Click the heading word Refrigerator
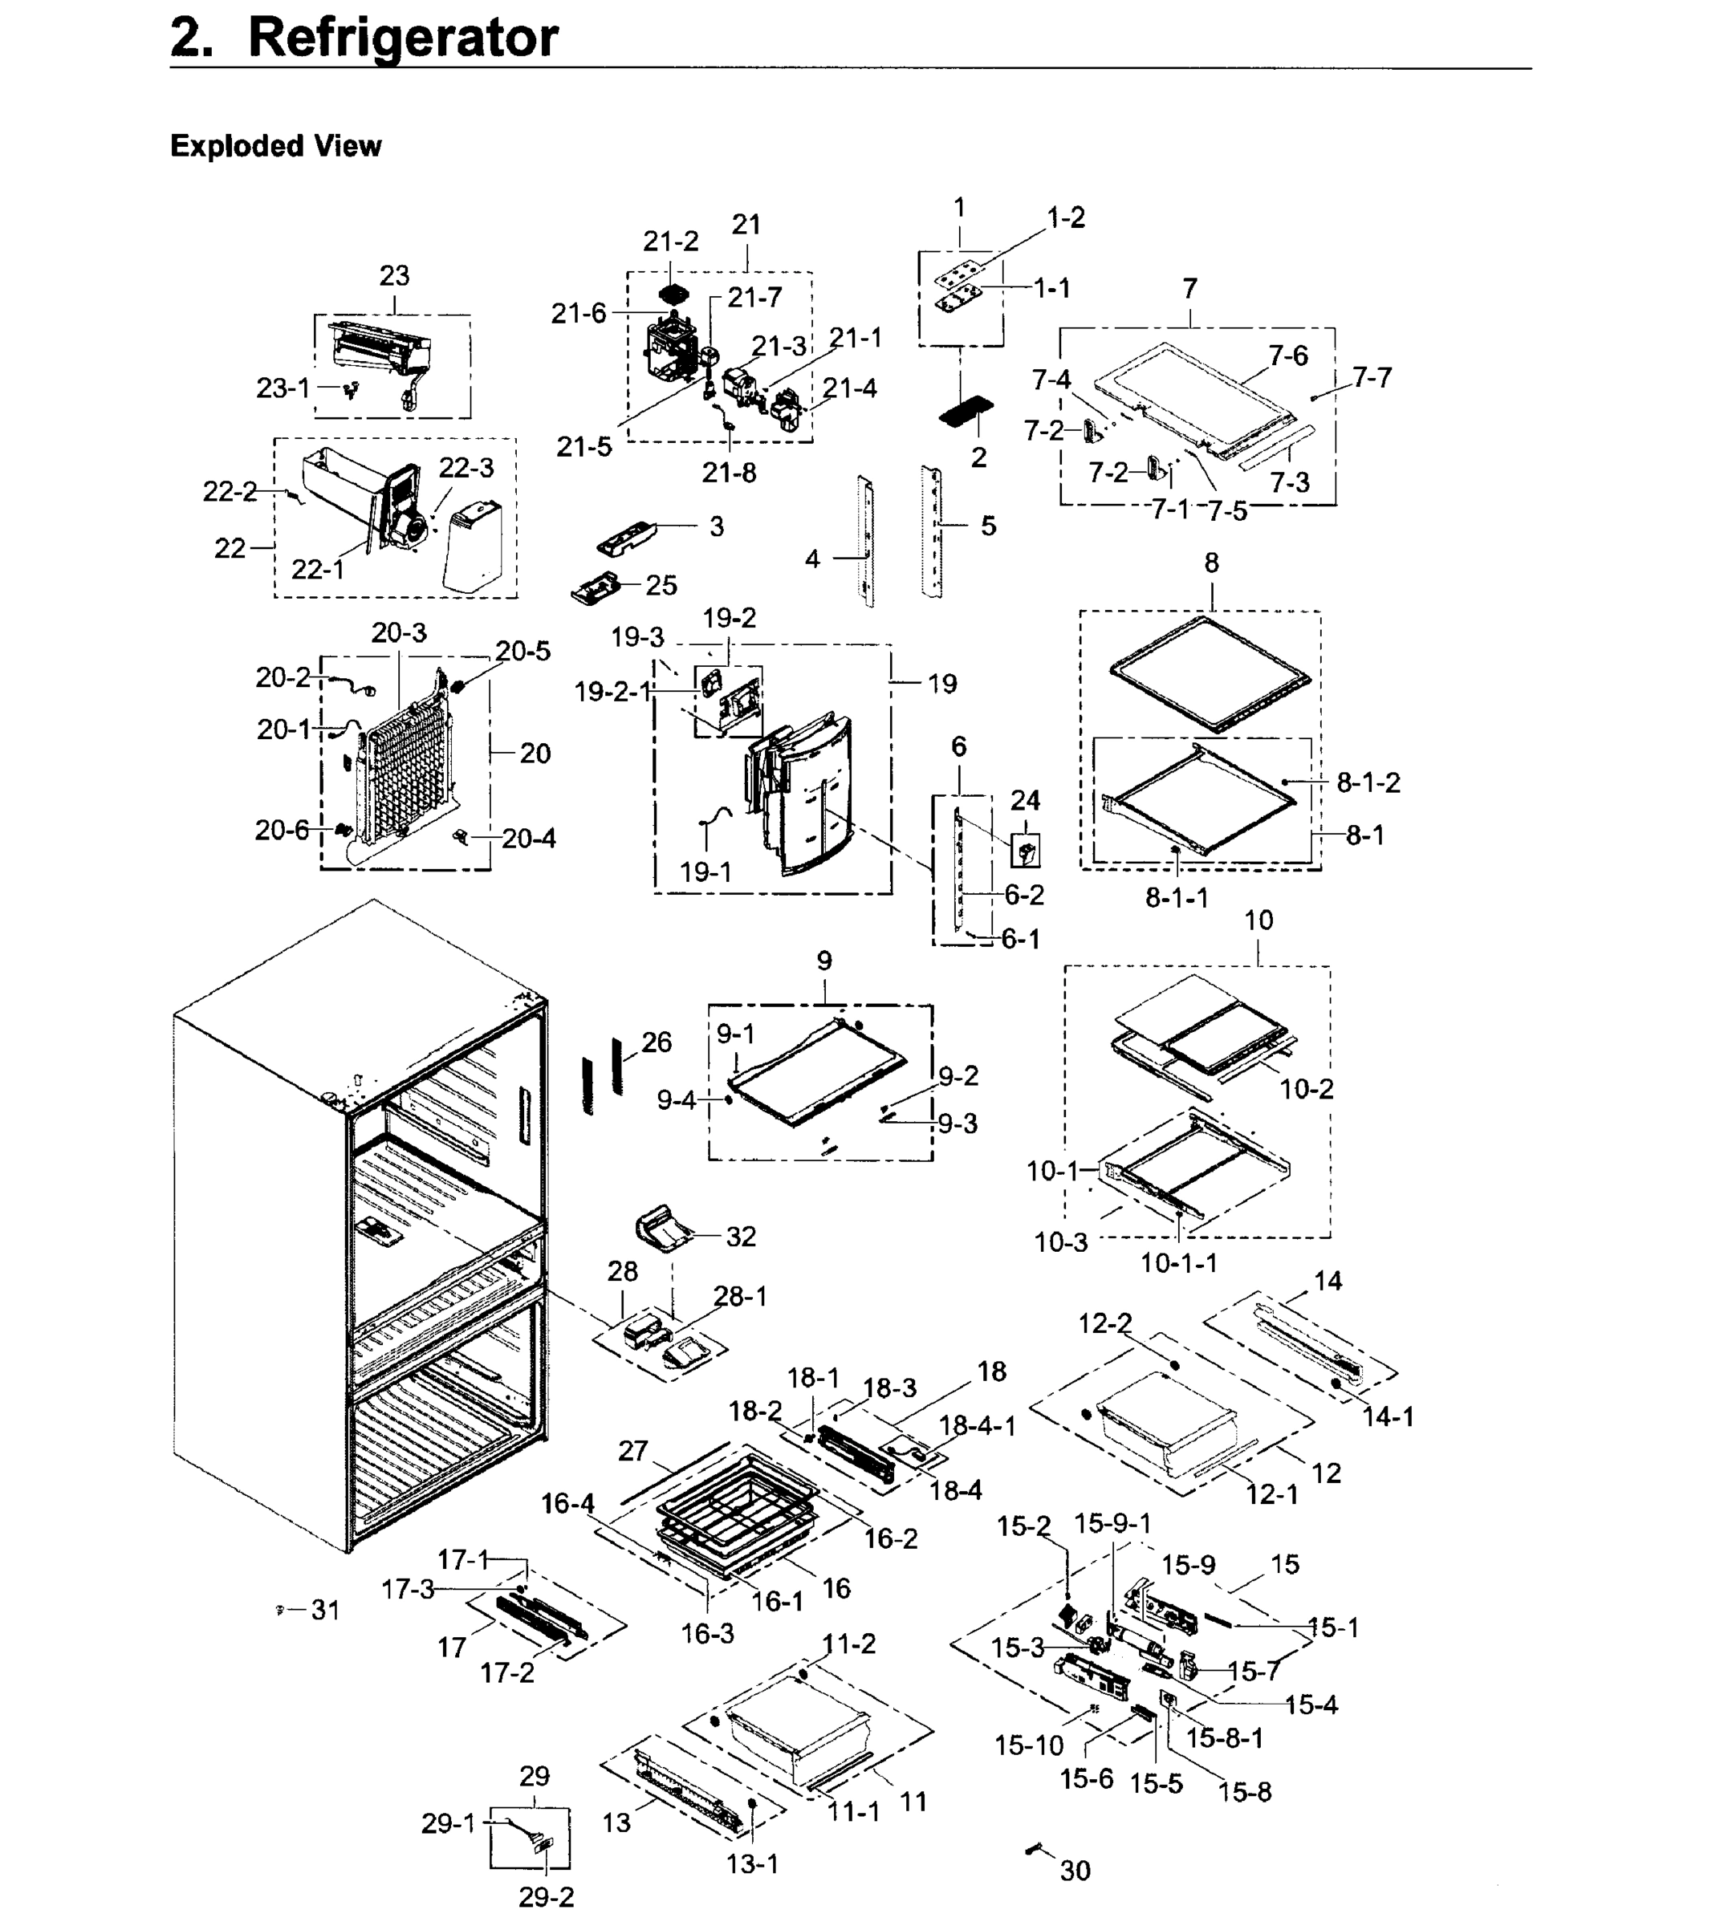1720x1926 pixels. pos(403,39)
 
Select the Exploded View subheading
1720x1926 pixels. pos(275,147)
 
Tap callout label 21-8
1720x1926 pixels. pos(729,473)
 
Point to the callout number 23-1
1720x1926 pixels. pos(283,388)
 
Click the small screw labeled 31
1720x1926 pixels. pos(280,1609)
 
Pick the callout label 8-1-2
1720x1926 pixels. pos(1368,782)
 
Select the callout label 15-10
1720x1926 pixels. pos(1028,1745)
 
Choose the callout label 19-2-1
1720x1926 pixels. pos(612,692)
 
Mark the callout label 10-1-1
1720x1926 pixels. pos(1178,1262)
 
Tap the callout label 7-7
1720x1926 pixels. pos(1372,378)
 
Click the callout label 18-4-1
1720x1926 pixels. pos(978,1426)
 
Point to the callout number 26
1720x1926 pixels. pos(656,1042)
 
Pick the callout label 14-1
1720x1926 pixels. pos(1388,1416)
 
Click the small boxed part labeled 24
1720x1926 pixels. pos(1026,851)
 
